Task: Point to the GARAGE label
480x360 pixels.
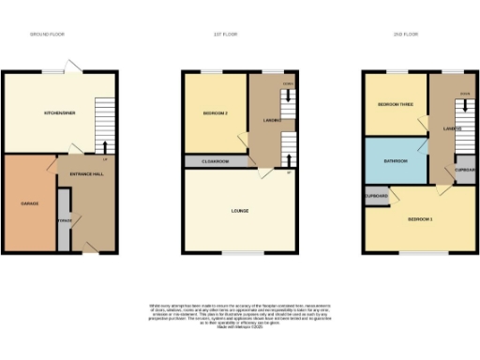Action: click(x=30, y=202)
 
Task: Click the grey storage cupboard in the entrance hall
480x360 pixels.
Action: click(x=64, y=219)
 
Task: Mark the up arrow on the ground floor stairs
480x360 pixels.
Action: click(x=104, y=146)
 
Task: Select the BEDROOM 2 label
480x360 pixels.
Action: click(x=216, y=113)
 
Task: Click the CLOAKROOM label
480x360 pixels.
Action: click(x=217, y=161)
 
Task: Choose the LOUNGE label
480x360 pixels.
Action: click(x=239, y=210)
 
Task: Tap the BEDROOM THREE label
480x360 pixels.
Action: click(x=395, y=104)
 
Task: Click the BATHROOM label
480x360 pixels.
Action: click(x=395, y=161)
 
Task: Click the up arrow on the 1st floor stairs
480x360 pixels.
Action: click(x=287, y=150)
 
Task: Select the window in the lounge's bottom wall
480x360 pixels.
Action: click(x=241, y=252)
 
